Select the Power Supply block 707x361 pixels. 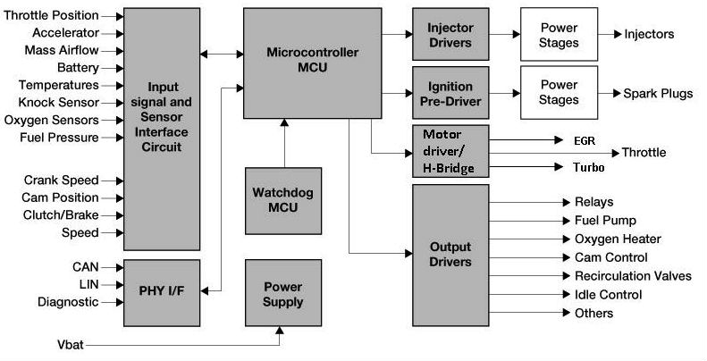tap(283, 294)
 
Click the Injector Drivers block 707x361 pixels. tap(450, 34)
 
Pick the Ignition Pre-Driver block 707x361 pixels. tap(450, 93)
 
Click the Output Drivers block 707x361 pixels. tap(450, 255)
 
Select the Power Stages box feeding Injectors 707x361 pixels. tap(560, 34)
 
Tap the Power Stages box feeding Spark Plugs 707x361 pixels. tap(560, 93)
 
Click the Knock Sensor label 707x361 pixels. tap(57, 103)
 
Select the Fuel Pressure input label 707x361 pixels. tap(58, 138)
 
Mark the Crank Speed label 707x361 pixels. tap(61, 180)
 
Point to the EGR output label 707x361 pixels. tap(584, 140)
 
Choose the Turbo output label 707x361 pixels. tap(588, 167)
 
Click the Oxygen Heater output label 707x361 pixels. tap(618, 239)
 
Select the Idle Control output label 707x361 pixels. tap(608, 295)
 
